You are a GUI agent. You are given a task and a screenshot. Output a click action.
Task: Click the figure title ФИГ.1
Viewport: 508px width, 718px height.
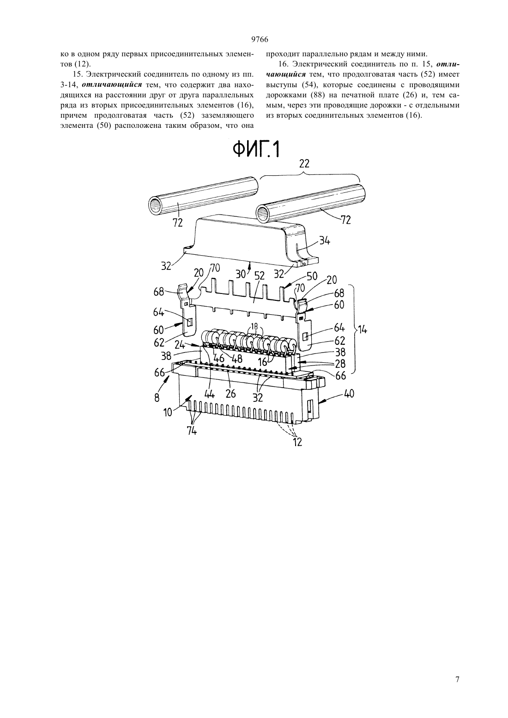point(255,149)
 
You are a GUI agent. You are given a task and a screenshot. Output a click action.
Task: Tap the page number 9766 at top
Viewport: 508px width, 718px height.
point(260,39)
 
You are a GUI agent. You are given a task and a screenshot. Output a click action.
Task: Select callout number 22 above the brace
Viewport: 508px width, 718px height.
point(304,164)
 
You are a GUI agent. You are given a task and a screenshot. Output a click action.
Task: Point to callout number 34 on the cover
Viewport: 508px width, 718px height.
point(324,241)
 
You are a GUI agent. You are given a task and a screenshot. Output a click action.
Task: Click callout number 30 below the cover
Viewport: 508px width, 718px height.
point(241,274)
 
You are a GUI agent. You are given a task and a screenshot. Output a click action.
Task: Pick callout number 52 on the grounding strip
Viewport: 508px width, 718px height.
point(259,275)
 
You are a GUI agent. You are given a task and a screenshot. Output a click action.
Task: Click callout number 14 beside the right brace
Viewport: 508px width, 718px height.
point(363,329)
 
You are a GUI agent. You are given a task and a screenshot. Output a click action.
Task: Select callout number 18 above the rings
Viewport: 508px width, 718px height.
point(254,327)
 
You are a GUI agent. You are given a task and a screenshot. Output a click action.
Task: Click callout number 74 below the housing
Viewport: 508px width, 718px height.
point(192,431)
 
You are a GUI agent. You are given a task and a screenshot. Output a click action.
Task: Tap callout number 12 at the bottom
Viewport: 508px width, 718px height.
point(297,443)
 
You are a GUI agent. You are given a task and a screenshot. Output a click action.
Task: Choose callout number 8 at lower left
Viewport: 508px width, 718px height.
point(157,398)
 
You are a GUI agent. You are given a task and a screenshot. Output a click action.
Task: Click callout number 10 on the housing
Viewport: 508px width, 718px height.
point(168,412)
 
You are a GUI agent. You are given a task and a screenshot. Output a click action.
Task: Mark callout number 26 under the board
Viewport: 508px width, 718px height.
point(230,393)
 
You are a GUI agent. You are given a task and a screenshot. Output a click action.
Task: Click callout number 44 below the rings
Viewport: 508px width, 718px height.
point(210,393)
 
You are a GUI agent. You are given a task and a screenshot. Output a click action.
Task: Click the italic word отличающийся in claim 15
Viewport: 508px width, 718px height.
point(112,84)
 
